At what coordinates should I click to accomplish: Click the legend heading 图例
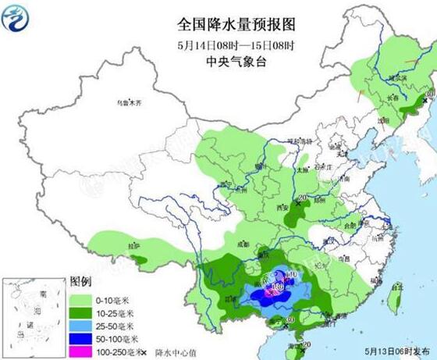81,281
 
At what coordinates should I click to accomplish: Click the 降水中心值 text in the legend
175,351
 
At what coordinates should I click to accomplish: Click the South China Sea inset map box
30,312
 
